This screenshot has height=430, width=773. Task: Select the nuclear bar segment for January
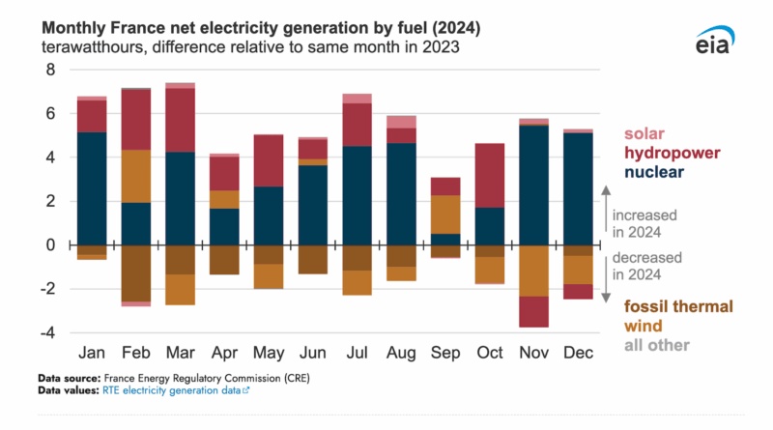point(92,188)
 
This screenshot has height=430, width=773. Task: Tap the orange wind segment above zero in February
point(135,176)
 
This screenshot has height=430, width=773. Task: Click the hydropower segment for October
point(491,175)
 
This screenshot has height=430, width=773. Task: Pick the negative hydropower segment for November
point(534,311)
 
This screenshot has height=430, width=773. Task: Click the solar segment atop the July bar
point(358,99)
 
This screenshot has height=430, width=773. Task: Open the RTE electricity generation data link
point(162,390)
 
